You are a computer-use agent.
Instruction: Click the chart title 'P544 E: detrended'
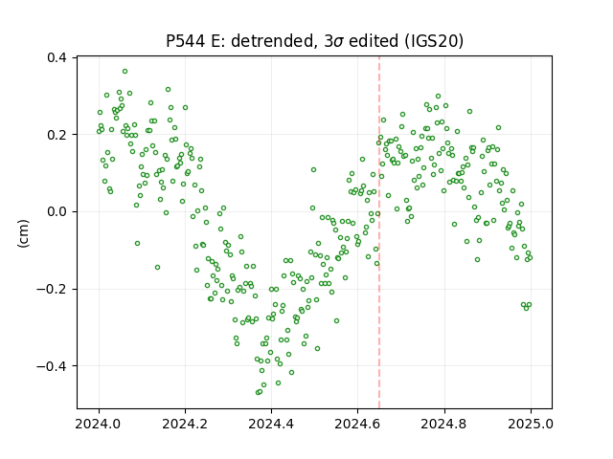pyautogui.click(x=239, y=40)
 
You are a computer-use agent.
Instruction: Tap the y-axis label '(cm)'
pyautogui.click(x=23, y=233)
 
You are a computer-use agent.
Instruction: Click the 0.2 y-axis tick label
pyautogui.click(x=57, y=135)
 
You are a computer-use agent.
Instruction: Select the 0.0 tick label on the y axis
pyautogui.click(x=57, y=211)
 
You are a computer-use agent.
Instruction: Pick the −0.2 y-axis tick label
pyautogui.click(x=52, y=289)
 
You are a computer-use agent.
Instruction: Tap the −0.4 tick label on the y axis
pyautogui.click(x=52, y=366)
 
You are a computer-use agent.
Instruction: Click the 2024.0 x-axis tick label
pyautogui.click(x=99, y=424)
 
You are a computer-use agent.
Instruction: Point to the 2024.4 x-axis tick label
pyautogui.click(x=271, y=424)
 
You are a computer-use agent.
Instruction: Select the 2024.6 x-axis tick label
pyautogui.click(x=357, y=424)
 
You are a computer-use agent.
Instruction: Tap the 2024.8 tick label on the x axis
pyautogui.click(x=443, y=424)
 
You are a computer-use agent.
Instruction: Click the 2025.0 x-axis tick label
pyautogui.click(x=531, y=424)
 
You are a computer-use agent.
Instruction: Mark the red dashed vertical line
pyautogui.click(x=379, y=232)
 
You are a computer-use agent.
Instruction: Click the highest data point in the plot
pyautogui.click(x=125, y=72)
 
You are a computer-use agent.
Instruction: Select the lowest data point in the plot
pyautogui.click(x=258, y=392)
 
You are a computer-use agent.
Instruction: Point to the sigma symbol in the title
pyautogui.click(x=338, y=42)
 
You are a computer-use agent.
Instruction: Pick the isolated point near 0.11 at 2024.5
pyautogui.click(x=313, y=170)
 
